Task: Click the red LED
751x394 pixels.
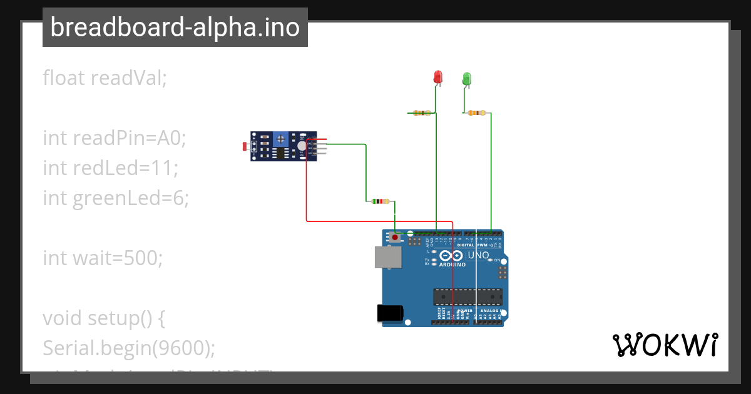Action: (x=438, y=77)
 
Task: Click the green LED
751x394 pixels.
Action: (x=467, y=78)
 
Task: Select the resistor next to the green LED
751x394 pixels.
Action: (x=477, y=113)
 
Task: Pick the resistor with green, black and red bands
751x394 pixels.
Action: (x=380, y=201)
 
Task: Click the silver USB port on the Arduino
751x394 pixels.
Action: (x=387, y=257)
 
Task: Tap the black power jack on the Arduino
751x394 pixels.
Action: (x=389, y=313)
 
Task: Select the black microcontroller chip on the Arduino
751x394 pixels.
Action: (x=467, y=296)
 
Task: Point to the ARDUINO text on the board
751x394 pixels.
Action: (x=452, y=265)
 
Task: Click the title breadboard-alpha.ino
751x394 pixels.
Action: (x=175, y=28)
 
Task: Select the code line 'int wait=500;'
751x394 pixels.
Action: (x=103, y=258)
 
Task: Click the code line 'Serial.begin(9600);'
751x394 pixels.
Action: (x=129, y=348)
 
